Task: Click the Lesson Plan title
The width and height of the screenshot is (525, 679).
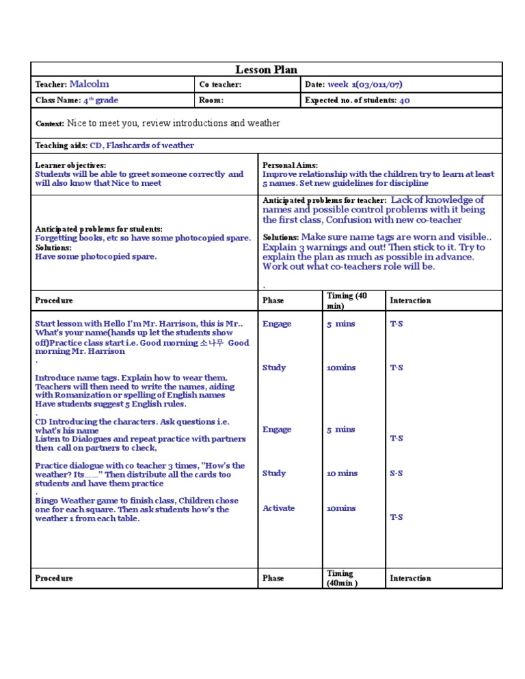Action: tap(266, 70)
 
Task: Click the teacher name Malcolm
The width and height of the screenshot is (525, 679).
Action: tap(89, 84)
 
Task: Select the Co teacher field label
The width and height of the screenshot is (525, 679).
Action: tap(220, 85)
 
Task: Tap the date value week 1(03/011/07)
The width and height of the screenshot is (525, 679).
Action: tap(364, 85)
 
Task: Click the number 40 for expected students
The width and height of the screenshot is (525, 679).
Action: tap(404, 100)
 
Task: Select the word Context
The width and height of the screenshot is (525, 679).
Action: tap(49, 124)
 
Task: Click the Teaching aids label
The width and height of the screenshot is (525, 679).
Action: tap(61, 145)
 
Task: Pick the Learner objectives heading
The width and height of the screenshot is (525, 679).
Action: tap(70, 165)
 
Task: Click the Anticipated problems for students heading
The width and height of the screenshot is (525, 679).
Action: tap(98, 229)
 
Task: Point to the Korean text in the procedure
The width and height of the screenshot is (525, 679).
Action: tap(211, 343)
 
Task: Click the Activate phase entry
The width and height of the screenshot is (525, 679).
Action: tap(278, 508)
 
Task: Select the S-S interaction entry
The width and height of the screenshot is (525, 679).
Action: tap(396, 473)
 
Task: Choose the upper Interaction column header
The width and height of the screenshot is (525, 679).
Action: tap(410, 301)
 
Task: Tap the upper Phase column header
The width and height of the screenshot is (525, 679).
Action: tap(273, 301)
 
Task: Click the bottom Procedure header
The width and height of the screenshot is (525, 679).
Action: tap(54, 579)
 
